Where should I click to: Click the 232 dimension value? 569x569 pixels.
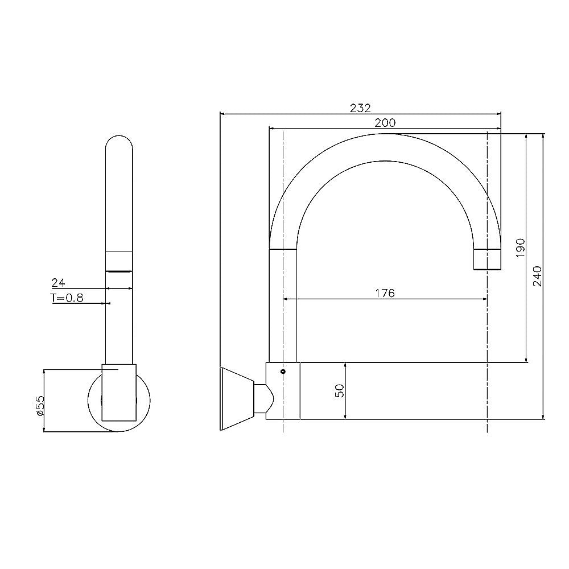[361, 108]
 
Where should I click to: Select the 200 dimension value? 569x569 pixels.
[385, 122]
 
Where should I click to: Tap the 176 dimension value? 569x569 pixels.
[385, 293]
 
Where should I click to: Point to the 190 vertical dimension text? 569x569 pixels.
[520, 248]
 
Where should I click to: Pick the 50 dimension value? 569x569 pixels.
[340, 391]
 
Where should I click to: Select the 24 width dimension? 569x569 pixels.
[58, 282]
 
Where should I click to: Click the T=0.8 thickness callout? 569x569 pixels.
[67, 298]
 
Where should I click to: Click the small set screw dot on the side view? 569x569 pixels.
[283, 371]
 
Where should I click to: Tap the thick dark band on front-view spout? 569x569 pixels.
[119, 271]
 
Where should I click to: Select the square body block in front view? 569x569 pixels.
[119, 392]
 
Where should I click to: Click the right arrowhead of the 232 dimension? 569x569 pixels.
[499, 113]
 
